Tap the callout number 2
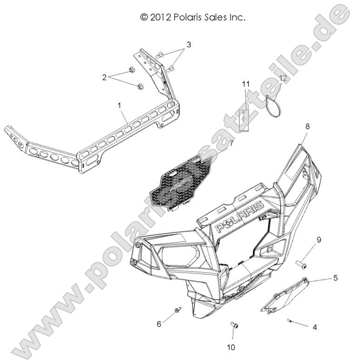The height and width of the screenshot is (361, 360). coord(105,78)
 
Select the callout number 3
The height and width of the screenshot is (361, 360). coord(188,45)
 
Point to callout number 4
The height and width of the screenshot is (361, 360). coord(315,328)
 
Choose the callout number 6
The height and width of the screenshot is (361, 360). coord(159,324)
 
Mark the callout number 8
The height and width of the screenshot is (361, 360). coord(307,126)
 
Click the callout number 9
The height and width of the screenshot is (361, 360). coord(319,240)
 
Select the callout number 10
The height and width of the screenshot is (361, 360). coord(232,347)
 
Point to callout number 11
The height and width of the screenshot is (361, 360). coord(246,84)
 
